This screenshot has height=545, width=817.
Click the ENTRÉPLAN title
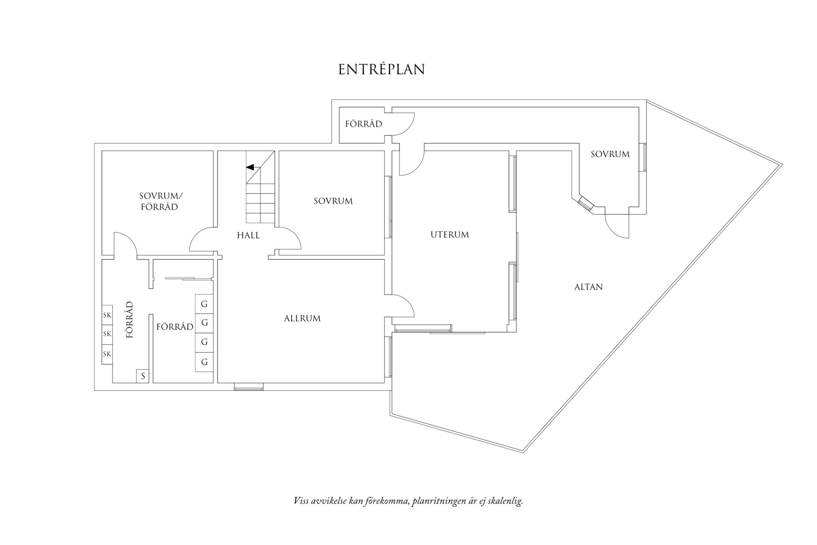(x=381, y=69)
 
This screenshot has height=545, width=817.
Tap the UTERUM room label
(x=449, y=235)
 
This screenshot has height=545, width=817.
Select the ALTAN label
(x=588, y=287)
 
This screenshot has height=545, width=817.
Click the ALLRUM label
(x=302, y=318)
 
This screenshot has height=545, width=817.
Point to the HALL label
(x=248, y=236)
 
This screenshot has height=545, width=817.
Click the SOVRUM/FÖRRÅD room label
(x=159, y=201)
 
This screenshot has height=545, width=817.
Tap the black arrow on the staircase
(x=250, y=168)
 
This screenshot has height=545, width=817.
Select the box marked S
(x=143, y=376)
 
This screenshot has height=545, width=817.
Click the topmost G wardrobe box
(x=204, y=304)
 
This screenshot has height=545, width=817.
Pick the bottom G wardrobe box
(x=204, y=362)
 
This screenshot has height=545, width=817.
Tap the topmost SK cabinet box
(x=107, y=315)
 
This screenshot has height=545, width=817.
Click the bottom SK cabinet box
(x=107, y=354)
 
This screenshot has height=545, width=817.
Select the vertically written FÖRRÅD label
(x=129, y=320)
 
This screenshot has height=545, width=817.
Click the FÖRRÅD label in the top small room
(x=364, y=124)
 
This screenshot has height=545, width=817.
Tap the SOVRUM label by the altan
(x=610, y=154)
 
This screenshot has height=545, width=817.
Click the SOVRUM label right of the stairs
(x=333, y=201)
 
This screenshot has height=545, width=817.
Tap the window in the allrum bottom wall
(x=249, y=388)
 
